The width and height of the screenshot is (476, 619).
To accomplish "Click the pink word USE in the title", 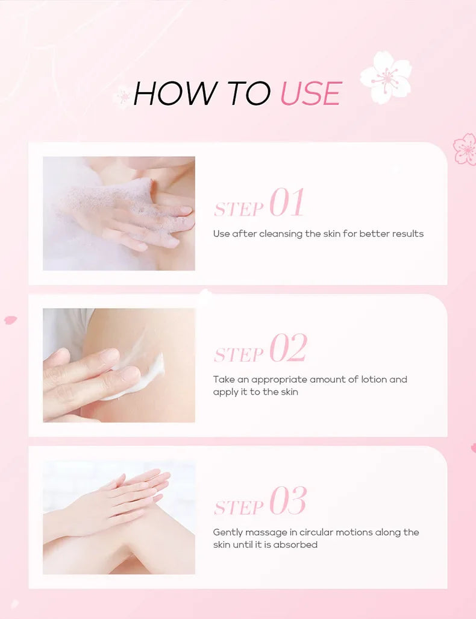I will pyautogui.click(x=311, y=93).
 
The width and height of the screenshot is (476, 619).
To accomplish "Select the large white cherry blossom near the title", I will pyautogui.click(x=386, y=77).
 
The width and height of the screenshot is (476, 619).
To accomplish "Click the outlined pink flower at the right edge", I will pyautogui.click(x=465, y=149).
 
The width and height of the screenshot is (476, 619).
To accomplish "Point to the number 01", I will pyautogui.click(x=287, y=203).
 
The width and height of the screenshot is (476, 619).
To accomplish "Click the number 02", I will pyautogui.click(x=288, y=348).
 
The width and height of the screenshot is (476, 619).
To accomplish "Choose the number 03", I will pyautogui.click(x=288, y=501).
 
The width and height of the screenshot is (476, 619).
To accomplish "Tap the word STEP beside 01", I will pyautogui.click(x=239, y=209).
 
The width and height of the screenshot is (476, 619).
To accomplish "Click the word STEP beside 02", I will pyautogui.click(x=239, y=355).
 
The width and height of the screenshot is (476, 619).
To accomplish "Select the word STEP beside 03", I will pyautogui.click(x=239, y=507).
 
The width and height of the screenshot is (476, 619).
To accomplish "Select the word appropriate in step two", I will pyautogui.click(x=279, y=380).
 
